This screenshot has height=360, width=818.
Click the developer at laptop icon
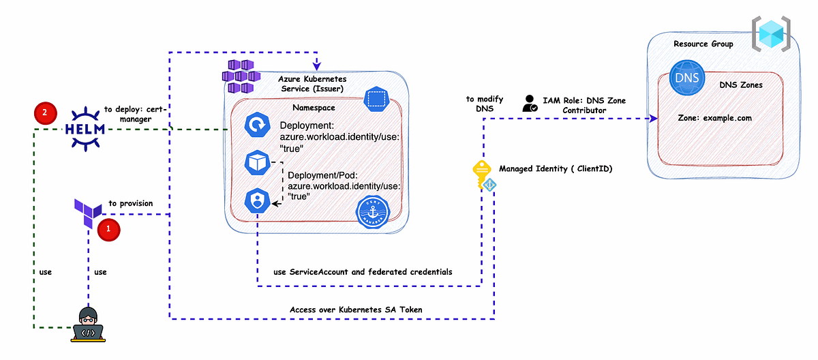click(x=88, y=324)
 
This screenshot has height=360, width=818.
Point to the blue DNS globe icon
click(x=686, y=77)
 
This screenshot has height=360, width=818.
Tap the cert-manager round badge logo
click(x=374, y=213)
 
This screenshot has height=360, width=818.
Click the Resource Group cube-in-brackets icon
click(x=772, y=32)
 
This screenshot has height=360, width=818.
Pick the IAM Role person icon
click(x=530, y=104)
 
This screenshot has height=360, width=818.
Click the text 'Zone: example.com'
click(x=715, y=118)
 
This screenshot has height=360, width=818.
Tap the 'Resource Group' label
click(x=703, y=44)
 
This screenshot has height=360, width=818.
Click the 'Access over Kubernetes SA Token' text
click(x=356, y=310)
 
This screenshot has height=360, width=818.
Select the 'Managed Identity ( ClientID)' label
click(x=555, y=168)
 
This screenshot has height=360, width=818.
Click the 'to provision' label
click(x=131, y=203)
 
